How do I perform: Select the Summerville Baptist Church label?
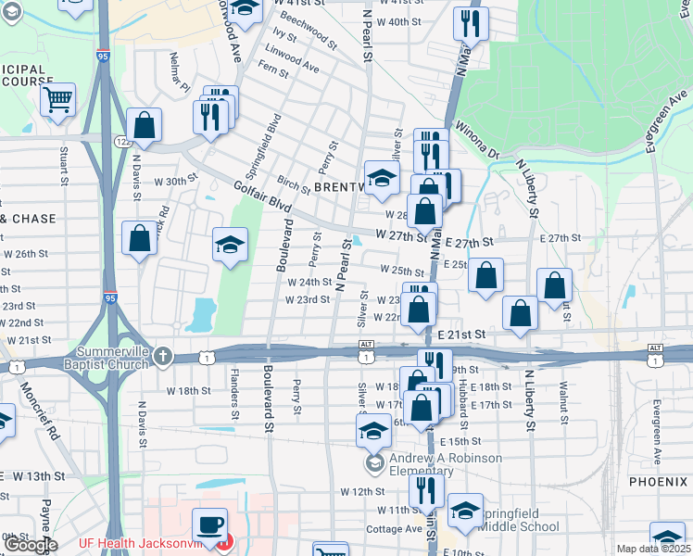pyautogui.click(x=101, y=357)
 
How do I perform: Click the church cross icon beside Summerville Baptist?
pyautogui.click(x=163, y=356)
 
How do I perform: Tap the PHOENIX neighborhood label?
pyautogui.click(x=658, y=482)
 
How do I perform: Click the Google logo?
pyautogui.click(x=31, y=545)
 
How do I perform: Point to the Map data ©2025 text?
pyautogui.click(x=653, y=549)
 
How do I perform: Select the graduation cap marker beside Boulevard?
pyautogui.click(x=231, y=246)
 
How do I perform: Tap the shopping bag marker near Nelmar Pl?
pyautogui.click(x=145, y=124)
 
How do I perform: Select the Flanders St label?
pyautogui.click(x=233, y=395)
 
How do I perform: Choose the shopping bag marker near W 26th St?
pyautogui.click(x=139, y=238)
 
